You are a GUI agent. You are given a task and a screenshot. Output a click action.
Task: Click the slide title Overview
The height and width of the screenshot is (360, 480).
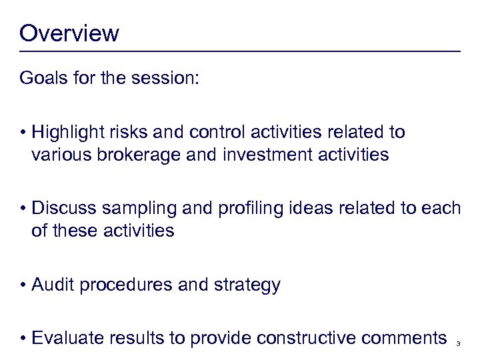[x=69, y=33]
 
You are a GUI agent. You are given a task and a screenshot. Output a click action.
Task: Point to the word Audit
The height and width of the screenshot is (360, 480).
[x=52, y=285]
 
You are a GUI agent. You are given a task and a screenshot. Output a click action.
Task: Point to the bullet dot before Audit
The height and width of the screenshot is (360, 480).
[x=23, y=286]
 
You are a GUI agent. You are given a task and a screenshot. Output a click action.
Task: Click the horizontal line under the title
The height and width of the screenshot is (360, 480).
[x=240, y=51]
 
